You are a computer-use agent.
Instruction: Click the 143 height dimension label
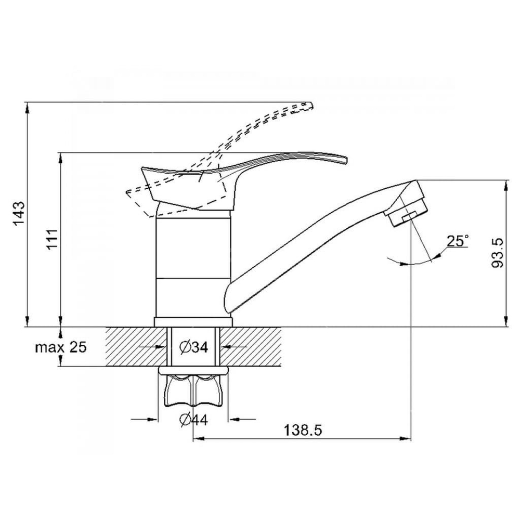pyautogui.click(x=19, y=213)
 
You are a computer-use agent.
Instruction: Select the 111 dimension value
pyautogui.click(x=52, y=239)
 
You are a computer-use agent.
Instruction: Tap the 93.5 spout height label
pyautogui.click(x=497, y=253)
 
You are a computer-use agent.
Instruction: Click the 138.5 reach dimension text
pyautogui.click(x=303, y=431)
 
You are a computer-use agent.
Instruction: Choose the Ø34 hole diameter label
pyautogui.click(x=193, y=347)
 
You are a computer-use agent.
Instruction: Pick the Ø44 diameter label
pyautogui.click(x=193, y=420)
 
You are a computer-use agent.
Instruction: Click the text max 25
pyautogui.click(x=61, y=347)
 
